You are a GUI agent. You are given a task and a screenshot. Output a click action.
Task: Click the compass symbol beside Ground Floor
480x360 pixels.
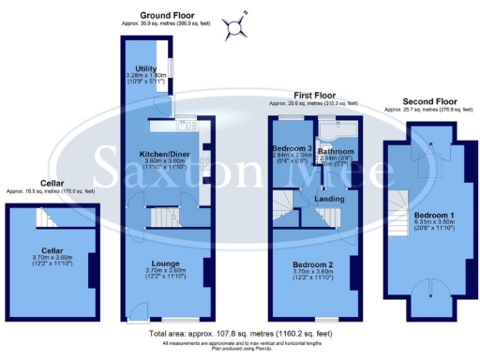pyautogui.click(x=238, y=24)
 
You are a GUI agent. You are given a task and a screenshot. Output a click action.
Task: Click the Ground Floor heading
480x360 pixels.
pyautogui.click(x=167, y=16)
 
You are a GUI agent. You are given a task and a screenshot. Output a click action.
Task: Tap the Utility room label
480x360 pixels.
pyautogui.click(x=144, y=68)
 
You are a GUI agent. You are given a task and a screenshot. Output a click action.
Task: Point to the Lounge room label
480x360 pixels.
pyautogui.click(x=166, y=263)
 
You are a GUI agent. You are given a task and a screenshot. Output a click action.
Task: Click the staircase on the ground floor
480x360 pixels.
pyautogui.click(x=165, y=217)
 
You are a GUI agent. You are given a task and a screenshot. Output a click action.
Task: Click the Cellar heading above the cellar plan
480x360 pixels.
pyautogui.click(x=52, y=184)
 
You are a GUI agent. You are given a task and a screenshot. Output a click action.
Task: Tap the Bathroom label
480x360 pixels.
pyautogui.click(x=335, y=150)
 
